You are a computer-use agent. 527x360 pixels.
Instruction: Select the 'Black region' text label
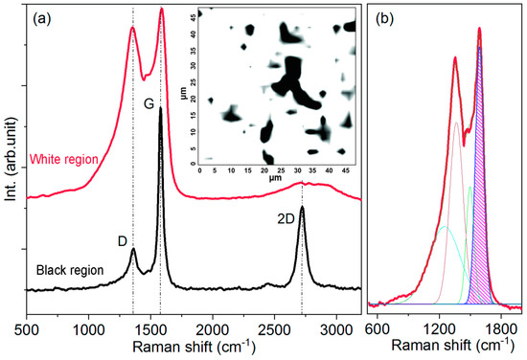65,273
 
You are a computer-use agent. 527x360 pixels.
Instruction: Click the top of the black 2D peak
302,208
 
